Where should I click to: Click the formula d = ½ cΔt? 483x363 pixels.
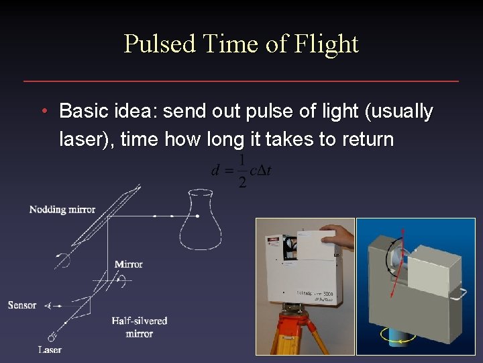241,171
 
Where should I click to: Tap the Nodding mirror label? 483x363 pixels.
62,210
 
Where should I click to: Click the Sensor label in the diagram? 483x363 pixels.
22,305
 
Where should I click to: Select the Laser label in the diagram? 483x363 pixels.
50,350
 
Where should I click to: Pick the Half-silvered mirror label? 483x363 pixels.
140,327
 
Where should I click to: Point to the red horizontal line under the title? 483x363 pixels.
241,81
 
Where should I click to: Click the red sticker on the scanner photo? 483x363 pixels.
273,238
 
